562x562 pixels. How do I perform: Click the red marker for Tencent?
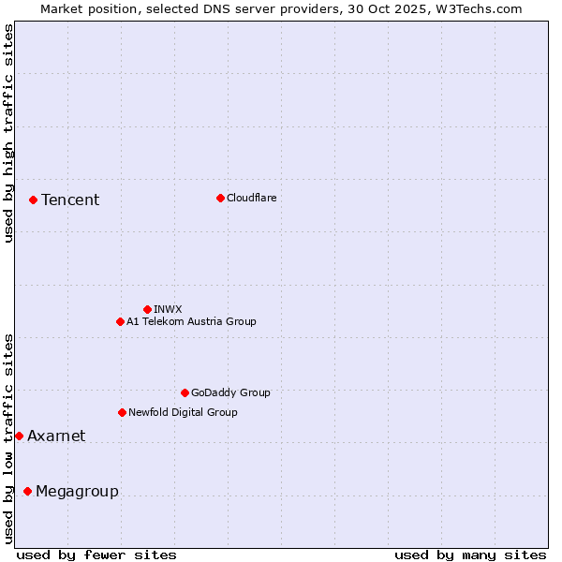[x=33, y=200]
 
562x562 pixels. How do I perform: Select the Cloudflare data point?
[x=220, y=198]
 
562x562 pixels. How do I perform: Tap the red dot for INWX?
[x=147, y=309]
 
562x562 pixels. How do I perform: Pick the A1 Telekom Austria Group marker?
[x=120, y=321]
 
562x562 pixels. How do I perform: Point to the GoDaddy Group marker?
[x=185, y=392]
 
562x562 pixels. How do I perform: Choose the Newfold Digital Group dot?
[x=122, y=412]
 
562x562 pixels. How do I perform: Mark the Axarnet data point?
[x=19, y=436]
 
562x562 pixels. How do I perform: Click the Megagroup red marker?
[x=27, y=491]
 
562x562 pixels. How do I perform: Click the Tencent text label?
[x=70, y=200]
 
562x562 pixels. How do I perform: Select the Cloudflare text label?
[x=252, y=198]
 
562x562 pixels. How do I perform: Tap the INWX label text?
[x=168, y=309]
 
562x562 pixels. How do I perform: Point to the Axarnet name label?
[x=56, y=436]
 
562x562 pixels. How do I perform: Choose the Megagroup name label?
[x=77, y=492]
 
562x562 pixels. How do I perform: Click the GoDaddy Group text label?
[x=230, y=392]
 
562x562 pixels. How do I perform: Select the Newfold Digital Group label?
[x=183, y=412]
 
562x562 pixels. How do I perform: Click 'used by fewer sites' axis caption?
[x=96, y=555]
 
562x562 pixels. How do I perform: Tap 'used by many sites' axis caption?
[x=470, y=555]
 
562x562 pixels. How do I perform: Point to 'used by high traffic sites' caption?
[x=8, y=133]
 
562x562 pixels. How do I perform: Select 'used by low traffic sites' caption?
[x=8, y=438]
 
